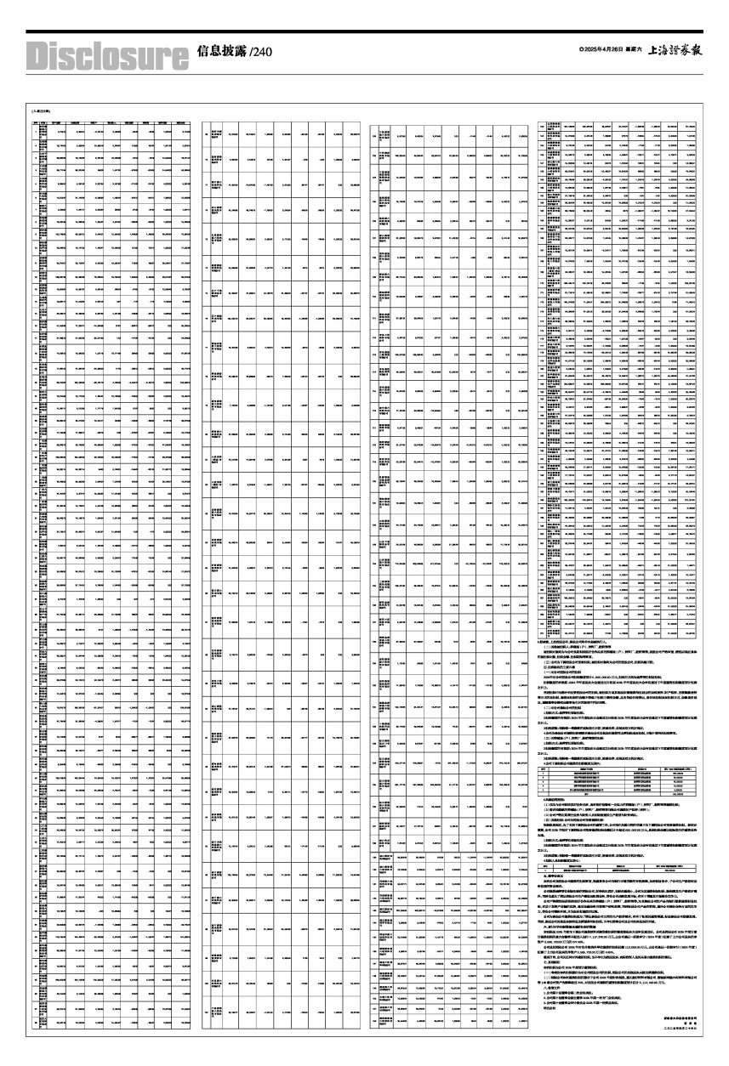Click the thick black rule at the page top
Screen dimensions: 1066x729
tap(364, 31)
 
